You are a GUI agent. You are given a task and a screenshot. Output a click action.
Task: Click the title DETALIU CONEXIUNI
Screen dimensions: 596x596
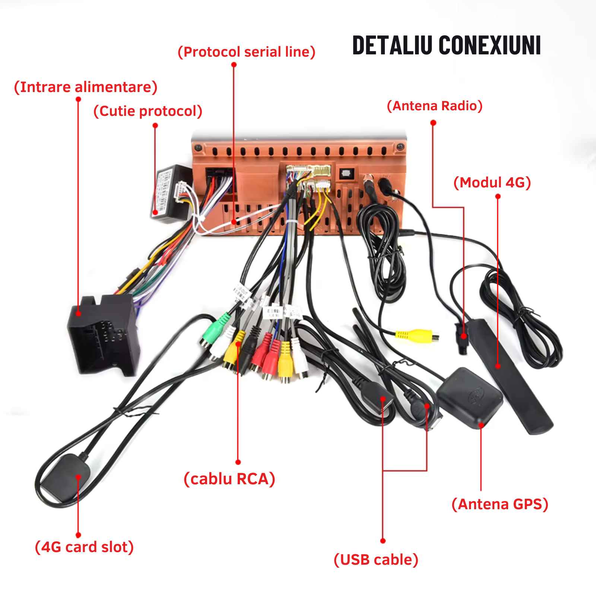click(x=446, y=45)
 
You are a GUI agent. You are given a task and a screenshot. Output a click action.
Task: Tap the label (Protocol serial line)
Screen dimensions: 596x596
click(x=247, y=52)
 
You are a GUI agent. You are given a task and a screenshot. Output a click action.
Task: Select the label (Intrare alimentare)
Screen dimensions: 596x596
click(x=86, y=87)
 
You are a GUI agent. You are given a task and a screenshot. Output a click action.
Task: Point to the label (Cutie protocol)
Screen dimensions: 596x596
click(x=148, y=111)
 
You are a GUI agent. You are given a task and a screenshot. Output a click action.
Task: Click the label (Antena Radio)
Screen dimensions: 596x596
click(x=435, y=106)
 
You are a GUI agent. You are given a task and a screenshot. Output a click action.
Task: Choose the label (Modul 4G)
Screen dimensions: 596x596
click(x=492, y=183)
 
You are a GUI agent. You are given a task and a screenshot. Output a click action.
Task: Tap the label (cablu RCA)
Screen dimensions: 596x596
click(x=229, y=479)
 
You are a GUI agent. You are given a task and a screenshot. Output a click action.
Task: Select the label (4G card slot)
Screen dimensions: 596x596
click(x=84, y=547)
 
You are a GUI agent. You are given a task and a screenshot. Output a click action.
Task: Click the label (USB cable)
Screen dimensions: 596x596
click(x=376, y=559)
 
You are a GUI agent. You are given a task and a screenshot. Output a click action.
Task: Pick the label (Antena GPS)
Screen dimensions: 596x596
click(x=500, y=504)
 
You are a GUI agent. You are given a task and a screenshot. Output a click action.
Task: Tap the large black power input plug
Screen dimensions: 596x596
click(x=102, y=333)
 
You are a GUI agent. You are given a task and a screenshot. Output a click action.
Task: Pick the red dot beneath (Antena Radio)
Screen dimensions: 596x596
click(x=433, y=123)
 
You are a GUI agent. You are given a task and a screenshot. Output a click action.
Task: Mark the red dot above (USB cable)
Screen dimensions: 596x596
click(x=383, y=540)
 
